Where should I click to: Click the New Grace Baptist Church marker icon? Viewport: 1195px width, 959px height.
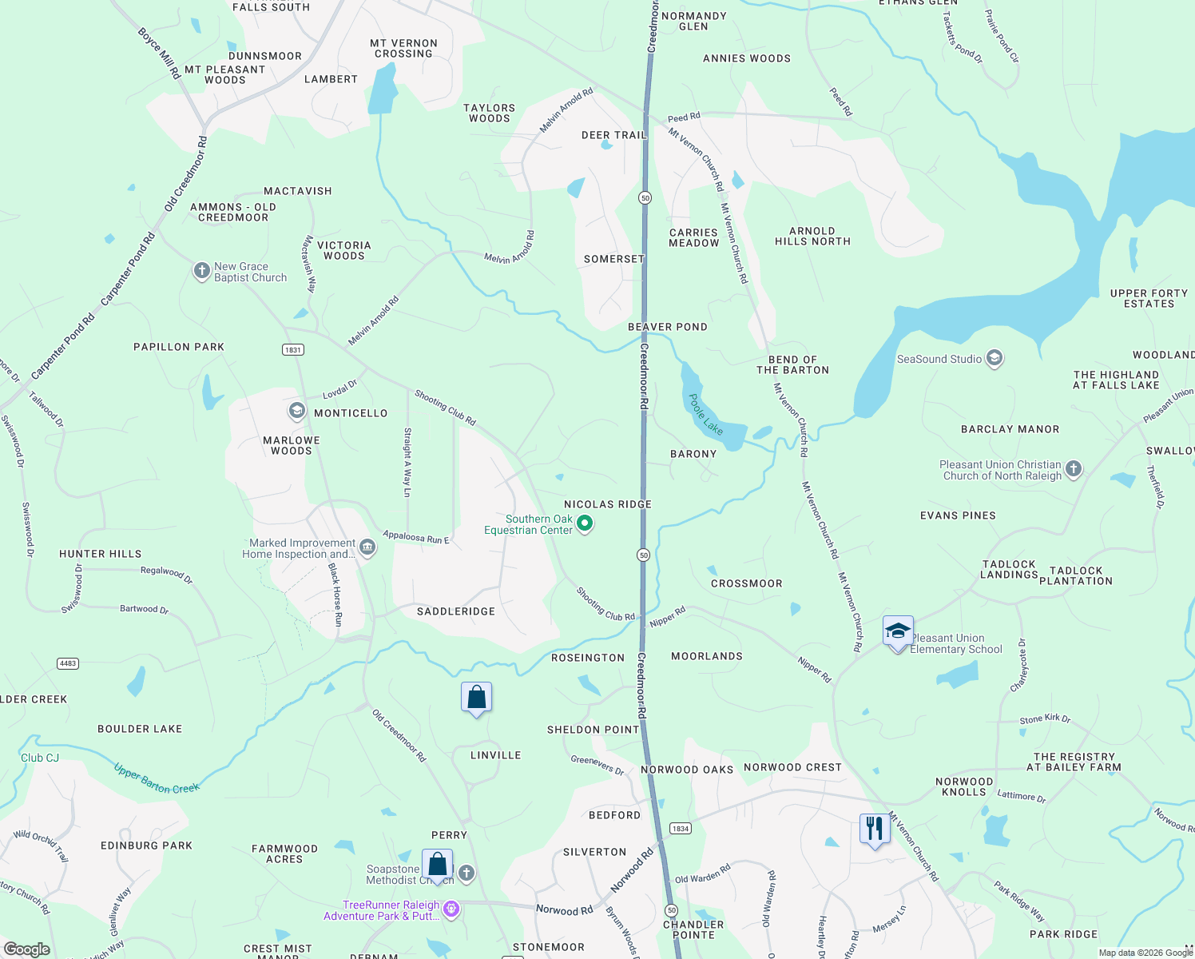201,272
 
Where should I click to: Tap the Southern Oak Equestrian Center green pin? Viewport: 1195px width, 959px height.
585,524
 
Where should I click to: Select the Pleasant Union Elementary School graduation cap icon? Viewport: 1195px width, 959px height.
898,632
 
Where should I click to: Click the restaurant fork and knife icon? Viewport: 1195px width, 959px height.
875,829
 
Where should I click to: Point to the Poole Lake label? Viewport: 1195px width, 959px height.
706,415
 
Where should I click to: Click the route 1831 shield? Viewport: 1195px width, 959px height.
293,350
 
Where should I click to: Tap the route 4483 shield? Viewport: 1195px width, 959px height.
68,663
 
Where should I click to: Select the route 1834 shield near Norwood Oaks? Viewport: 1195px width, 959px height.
681,829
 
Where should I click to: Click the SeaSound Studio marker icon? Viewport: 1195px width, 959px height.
995,358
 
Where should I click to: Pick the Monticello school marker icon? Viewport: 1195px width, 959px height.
296,412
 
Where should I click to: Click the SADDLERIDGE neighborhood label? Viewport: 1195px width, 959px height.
456,611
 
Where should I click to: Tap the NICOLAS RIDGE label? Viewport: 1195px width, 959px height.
608,504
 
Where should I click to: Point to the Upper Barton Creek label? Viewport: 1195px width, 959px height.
157,779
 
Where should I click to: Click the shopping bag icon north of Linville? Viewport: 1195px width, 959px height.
476,698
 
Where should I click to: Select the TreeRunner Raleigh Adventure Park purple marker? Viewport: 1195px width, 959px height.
451,909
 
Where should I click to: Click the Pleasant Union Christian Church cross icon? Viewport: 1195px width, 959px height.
1074,469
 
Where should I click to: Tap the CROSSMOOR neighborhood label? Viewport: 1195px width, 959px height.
747,583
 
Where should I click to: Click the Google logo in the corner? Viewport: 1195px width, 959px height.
27,949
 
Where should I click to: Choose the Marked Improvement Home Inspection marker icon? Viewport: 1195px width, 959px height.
367,547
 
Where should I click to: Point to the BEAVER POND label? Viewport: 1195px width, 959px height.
668,327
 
